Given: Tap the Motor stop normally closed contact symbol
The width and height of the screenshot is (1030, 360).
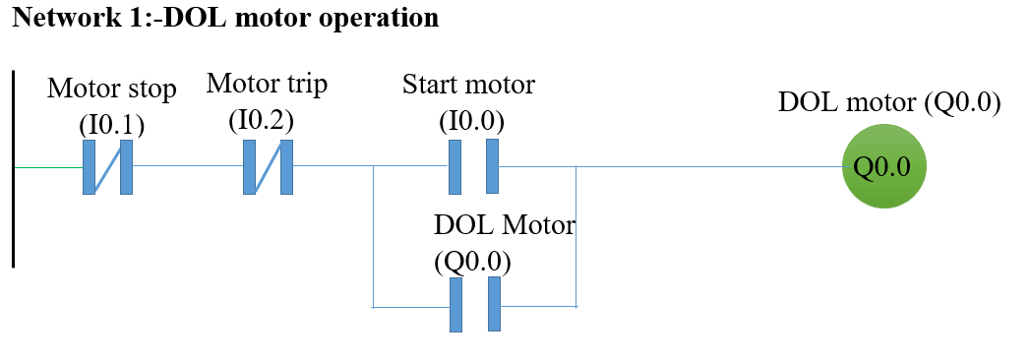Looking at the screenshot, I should click(x=107, y=166).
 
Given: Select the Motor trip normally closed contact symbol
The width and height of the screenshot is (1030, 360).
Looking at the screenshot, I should click(x=268, y=166).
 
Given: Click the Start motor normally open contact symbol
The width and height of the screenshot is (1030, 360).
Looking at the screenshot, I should click(x=473, y=166).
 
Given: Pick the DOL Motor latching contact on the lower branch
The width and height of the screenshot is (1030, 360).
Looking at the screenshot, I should click(x=474, y=305).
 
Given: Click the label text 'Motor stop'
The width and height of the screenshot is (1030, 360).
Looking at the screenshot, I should click(x=112, y=90).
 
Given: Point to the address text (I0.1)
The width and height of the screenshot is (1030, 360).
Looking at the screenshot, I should click(x=111, y=125).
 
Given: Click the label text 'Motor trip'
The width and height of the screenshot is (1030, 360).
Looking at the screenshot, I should click(x=267, y=85).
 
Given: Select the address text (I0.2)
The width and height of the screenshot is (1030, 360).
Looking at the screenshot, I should click(x=261, y=120).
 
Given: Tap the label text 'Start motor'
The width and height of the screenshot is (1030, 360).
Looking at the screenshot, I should click(x=468, y=85).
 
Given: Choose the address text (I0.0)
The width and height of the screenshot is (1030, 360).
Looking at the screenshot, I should click(x=471, y=120).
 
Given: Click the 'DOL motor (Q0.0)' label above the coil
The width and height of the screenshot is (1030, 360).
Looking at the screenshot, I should click(x=888, y=103).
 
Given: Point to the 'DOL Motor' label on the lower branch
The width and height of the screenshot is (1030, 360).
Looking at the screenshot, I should click(x=504, y=225).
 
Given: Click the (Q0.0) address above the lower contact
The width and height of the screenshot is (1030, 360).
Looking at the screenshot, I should click(x=472, y=262).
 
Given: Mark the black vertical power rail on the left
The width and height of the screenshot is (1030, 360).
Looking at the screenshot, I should click(x=14, y=168).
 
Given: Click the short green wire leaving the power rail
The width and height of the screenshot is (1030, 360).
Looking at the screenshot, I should click(x=48, y=167).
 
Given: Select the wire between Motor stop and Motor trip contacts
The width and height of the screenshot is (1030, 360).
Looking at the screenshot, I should click(x=187, y=166).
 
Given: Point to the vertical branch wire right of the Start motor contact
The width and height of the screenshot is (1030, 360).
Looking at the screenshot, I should click(x=576, y=236).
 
